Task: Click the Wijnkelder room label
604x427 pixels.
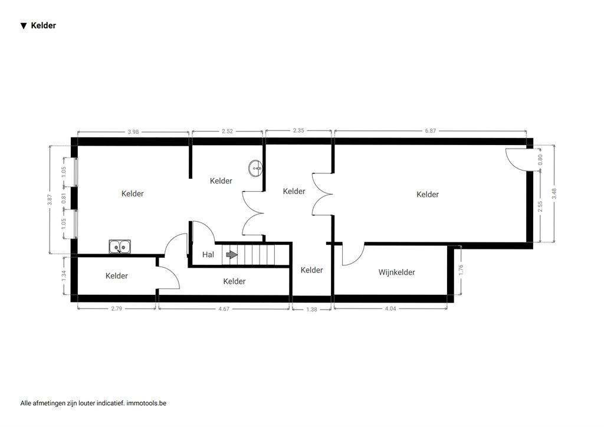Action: pyautogui.click(x=396, y=272)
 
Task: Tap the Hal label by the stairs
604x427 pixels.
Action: pyautogui.click(x=208, y=255)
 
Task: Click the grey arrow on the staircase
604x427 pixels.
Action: pyautogui.click(x=231, y=255)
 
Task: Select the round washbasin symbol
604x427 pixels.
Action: pyautogui.click(x=255, y=168)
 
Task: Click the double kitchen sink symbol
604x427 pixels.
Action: pyautogui.click(x=119, y=247)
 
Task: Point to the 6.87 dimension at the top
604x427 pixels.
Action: pyautogui.click(x=430, y=131)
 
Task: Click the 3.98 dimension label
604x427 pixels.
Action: pyautogui.click(x=133, y=132)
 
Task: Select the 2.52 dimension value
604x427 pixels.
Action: pyautogui.click(x=227, y=131)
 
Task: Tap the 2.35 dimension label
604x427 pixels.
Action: pyautogui.click(x=298, y=130)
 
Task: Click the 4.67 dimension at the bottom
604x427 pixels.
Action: pyautogui.click(x=224, y=309)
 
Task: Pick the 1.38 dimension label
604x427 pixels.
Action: pyautogui.click(x=311, y=309)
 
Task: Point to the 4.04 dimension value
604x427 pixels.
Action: pyautogui.click(x=390, y=308)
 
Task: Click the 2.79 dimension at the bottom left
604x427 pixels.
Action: pyautogui.click(x=116, y=308)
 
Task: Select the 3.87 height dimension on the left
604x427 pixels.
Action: pyautogui.click(x=50, y=199)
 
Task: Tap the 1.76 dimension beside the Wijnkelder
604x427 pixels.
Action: pyautogui.click(x=461, y=270)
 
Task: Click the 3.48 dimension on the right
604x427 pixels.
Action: pyautogui.click(x=554, y=193)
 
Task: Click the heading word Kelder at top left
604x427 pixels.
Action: pyautogui.click(x=44, y=26)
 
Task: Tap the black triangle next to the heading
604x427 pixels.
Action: pyautogui.click(x=24, y=26)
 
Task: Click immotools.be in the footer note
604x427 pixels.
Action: pyautogui.click(x=146, y=403)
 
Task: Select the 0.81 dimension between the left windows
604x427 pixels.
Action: pyautogui.click(x=64, y=198)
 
